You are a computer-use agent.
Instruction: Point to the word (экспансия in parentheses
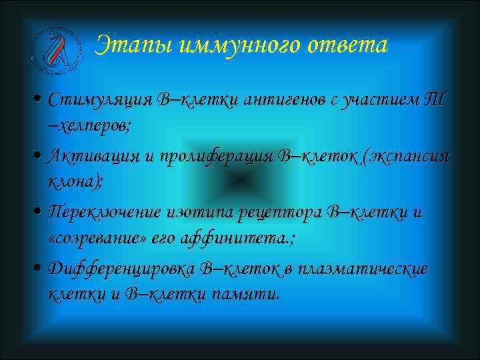(403, 157)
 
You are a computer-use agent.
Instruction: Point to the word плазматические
(363, 269)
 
